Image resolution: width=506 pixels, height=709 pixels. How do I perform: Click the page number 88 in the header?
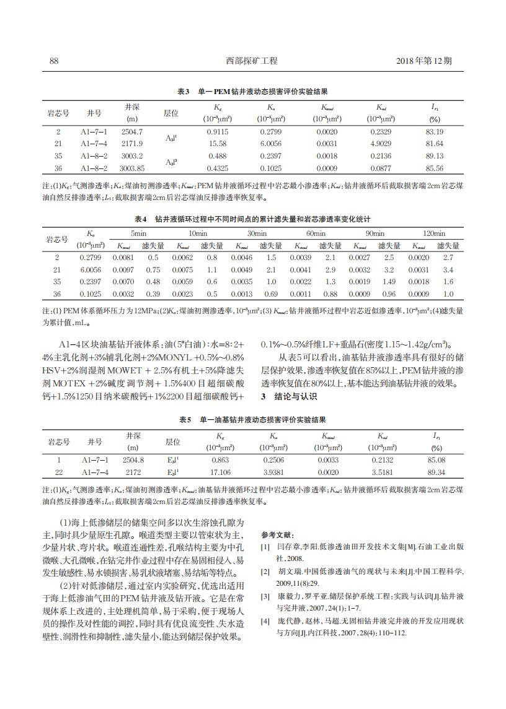(53, 61)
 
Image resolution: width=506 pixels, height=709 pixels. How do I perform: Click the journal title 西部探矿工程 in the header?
(252, 61)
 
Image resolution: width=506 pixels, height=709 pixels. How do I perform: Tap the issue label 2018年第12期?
(424, 61)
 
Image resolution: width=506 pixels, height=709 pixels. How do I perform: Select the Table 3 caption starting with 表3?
(252, 91)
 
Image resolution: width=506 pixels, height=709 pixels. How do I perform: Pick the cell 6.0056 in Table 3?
(271, 144)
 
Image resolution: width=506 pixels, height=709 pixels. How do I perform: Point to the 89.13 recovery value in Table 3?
(435, 155)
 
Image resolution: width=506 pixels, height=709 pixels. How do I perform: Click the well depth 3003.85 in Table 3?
(132, 168)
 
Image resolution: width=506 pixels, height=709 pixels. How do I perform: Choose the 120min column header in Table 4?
(433, 233)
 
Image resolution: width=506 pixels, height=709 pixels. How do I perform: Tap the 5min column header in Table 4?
(138, 233)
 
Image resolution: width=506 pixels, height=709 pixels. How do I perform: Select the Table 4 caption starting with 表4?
(252, 219)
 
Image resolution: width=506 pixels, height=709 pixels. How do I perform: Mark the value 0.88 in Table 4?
(330, 294)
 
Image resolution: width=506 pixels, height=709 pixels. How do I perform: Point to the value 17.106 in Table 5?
(220, 472)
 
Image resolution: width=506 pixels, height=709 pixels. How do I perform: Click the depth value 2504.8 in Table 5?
(133, 460)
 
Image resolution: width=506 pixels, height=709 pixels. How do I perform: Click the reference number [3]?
(265, 596)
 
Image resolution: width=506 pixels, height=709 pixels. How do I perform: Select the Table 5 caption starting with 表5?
(252, 420)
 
